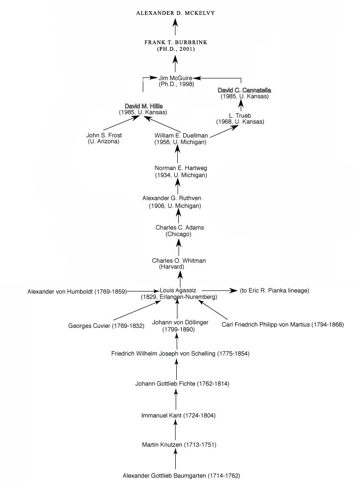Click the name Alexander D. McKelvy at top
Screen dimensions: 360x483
[x=175, y=13]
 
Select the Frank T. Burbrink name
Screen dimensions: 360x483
[x=176, y=42]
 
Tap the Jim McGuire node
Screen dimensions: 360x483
[x=175, y=78]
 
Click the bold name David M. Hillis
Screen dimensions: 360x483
[x=143, y=106]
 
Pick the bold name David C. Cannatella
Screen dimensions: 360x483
[x=244, y=90]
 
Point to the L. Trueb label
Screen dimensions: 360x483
[x=240, y=115]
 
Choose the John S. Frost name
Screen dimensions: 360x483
[x=104, y=135]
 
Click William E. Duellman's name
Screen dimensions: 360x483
[x=181, y=135]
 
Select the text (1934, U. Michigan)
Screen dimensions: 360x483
[x=181, y=175]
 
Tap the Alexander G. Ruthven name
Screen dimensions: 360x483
[x=172, y=198]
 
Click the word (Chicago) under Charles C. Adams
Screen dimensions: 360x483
[x=178, y=234]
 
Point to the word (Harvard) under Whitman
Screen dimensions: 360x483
[x=171, y=267]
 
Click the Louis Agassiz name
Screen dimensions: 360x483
[x=178, y=290]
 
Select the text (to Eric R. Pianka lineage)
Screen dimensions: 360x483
[x=274, y=290]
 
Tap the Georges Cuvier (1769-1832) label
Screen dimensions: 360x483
[x=107, y=326]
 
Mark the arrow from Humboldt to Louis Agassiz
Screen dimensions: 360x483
[x=143, y=291]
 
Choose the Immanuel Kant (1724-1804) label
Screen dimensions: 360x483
[x=178, y=415]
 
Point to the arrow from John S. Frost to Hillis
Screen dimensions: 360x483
[x=121, y=123]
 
